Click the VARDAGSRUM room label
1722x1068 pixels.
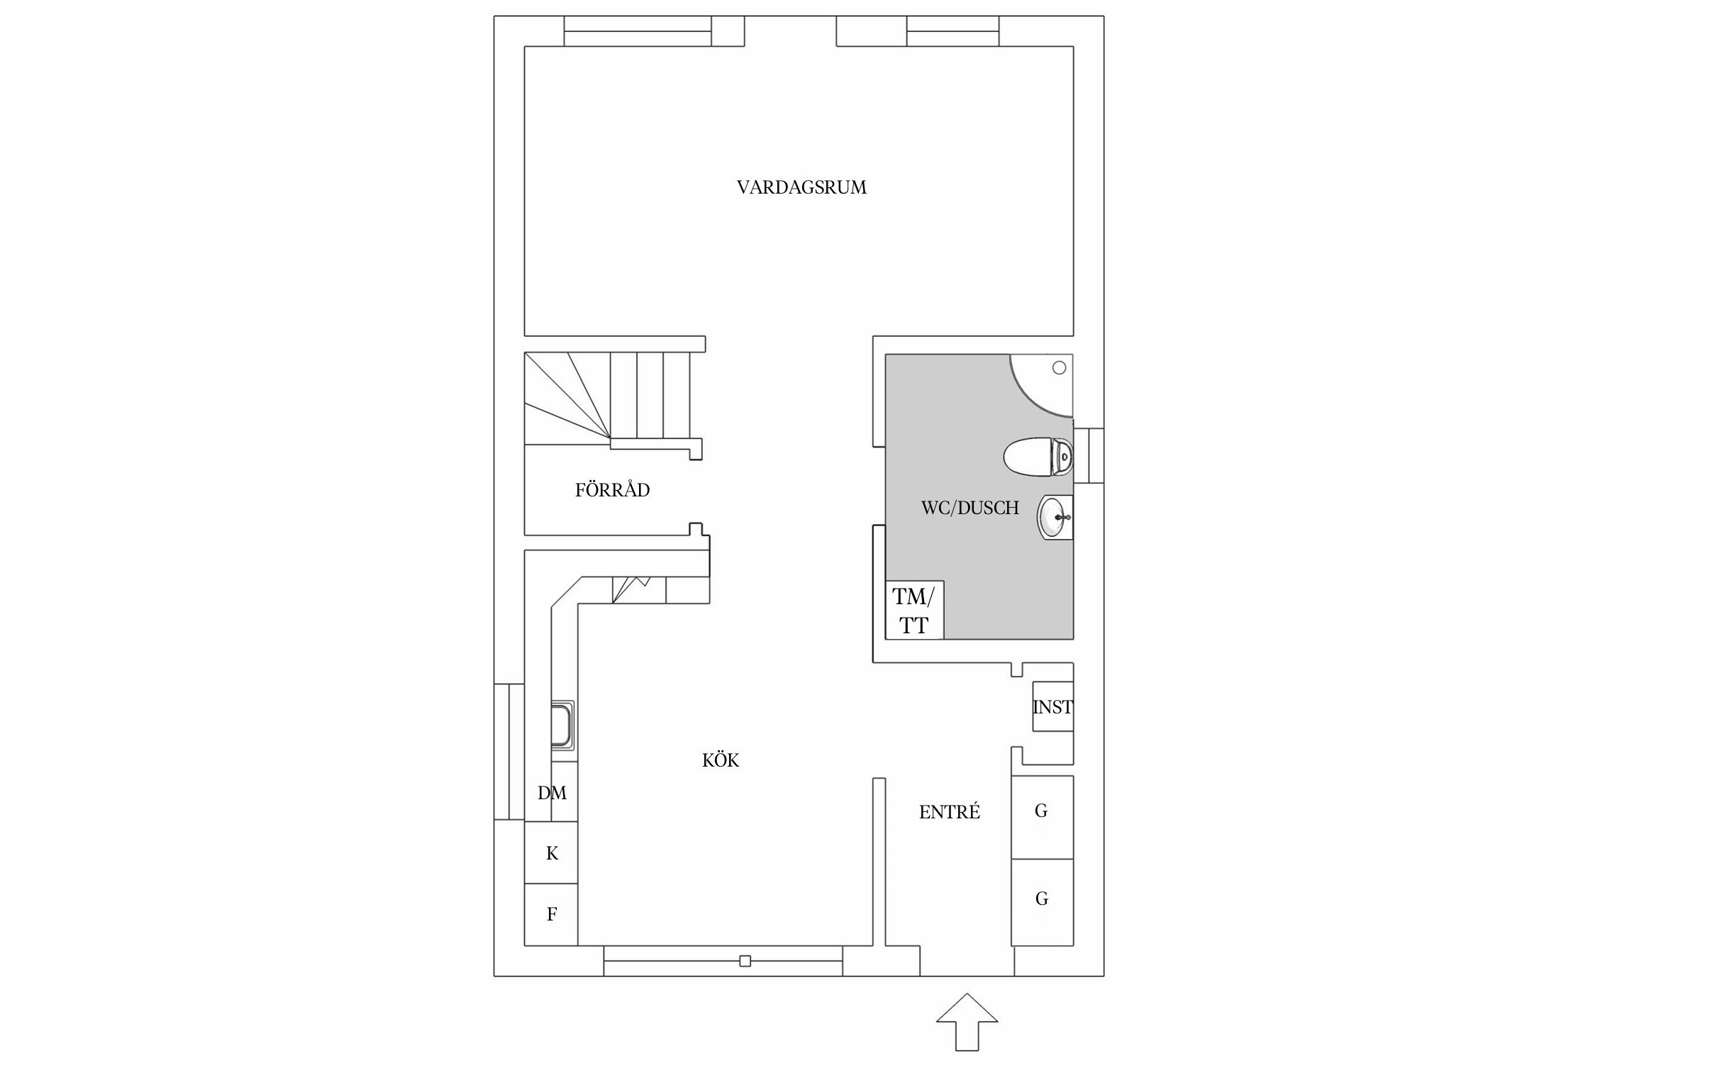801,187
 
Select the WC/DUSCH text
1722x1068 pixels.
970,508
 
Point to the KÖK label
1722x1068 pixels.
721,760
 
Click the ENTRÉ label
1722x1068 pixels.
950,811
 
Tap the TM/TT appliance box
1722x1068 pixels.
915,610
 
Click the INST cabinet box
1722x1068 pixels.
1052,706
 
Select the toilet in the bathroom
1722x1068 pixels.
1038,457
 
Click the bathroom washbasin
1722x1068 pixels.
1055,517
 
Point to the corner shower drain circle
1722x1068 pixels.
1059,367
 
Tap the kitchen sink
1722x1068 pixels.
563,725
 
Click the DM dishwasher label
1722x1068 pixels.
552,793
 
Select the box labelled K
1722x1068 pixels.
551,852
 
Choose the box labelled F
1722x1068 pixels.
551,914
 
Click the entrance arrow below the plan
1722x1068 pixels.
967,1021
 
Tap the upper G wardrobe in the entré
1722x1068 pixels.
1042,817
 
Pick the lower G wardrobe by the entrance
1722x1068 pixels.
1042,902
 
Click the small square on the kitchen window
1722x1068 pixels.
745,961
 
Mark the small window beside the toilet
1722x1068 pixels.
1089,455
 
